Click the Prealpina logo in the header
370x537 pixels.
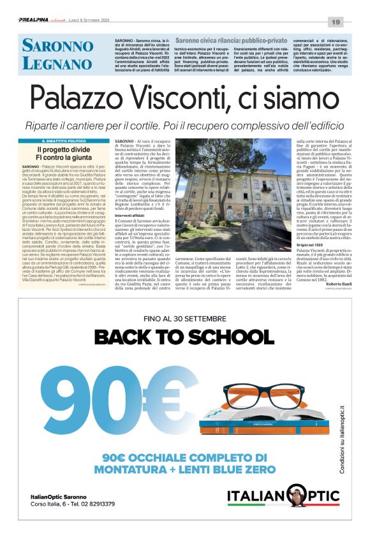pyautogui.click(x=34, y=22)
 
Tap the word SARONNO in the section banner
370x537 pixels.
pyautogui.click(x=56, y=45)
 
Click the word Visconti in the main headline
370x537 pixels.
pyautogui.click(x=192, y=99)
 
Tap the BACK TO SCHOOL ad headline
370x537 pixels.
pyautogui.click(x=184, y=337)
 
